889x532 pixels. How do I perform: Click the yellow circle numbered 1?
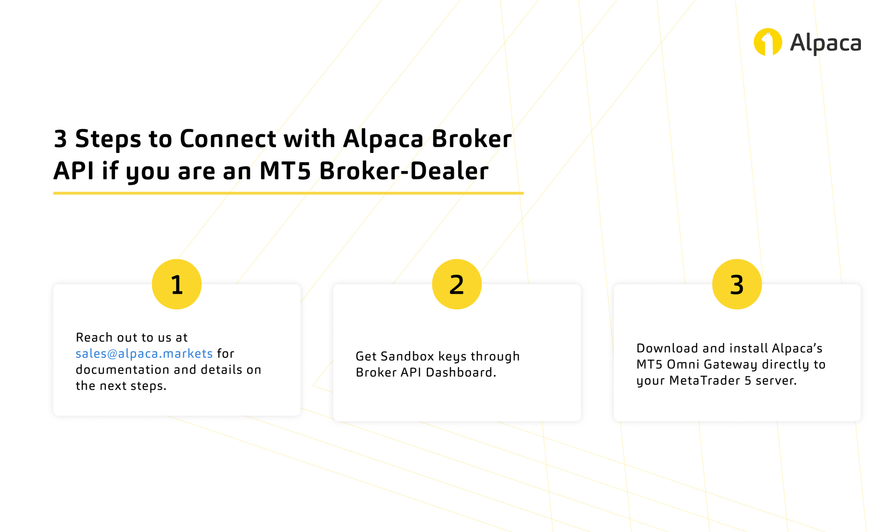(x=177, y=284)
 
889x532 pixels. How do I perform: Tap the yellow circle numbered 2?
(x=457, y=284)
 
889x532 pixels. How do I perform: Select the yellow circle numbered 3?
(x=737, y=284)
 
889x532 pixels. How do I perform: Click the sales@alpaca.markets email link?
(x=144, y=353)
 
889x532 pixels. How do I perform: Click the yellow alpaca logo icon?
(x=768, y=42)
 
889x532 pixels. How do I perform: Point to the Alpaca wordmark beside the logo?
(x=825, y=44)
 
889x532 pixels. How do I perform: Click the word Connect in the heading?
(x=228, y=139)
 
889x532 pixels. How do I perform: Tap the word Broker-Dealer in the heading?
(x=404, y=171)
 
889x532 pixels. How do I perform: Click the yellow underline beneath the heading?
(x=288, y=193)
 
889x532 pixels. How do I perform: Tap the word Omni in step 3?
(x=684, y=364)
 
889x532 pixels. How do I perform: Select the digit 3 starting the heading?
(x=60, y=139)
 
